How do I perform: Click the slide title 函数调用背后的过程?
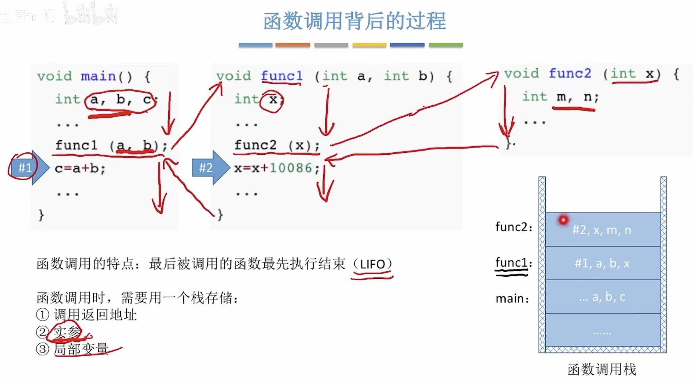pos(355,21)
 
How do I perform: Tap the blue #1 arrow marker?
pos(27,168)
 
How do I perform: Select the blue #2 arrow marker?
pos(208,168)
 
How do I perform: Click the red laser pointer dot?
pos(563,220)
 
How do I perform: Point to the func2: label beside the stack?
pos(514,227)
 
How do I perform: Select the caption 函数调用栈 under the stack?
pos(602,369)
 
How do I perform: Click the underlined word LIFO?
pos(372,264)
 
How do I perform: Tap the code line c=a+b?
pos(80,168)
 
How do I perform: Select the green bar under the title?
pos(446,45)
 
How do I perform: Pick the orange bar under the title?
pos(293,45)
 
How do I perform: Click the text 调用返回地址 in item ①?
pos(95,314)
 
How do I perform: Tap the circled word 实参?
pos(67,332)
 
